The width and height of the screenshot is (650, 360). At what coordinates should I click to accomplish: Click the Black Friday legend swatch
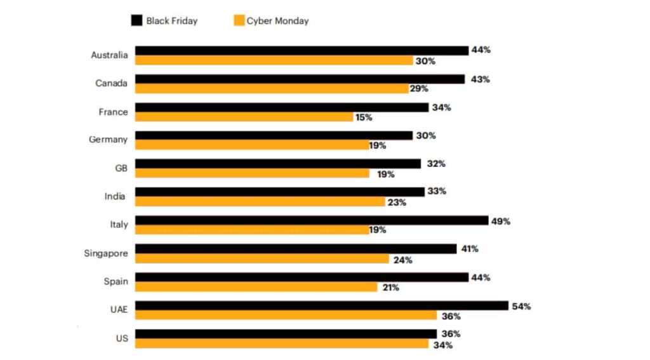pyautogui.click(x=136, y=21)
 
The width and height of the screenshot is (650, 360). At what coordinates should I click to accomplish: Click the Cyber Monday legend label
pyautogui.click(x=277, y=21)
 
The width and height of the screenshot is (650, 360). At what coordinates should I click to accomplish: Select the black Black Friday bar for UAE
pyautogui.click(x=322, y=306)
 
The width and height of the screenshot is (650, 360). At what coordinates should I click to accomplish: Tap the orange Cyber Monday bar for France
pyautogui.click(x=244, y=117)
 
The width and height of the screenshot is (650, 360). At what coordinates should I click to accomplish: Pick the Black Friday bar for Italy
pyautogui.click(x=311, y=220)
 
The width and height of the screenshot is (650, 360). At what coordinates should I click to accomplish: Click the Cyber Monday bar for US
pyautogui.click(x=282, y=343)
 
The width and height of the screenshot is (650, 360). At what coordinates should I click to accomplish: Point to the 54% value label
pyautogui.click(x=521, y=306)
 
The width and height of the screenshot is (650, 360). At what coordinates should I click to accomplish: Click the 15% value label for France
pyautogui.click(x=364, y=117)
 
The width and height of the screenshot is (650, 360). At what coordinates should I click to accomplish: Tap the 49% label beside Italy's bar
pyautogui.click(x=500, y=221)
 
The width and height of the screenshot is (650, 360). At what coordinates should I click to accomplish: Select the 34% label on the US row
pyautogui.click(x=442, y=345)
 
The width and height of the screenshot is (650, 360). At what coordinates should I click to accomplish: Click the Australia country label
pyautogui.click(x=109, y=55)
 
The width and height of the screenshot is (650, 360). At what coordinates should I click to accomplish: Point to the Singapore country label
pyautogui.click(x=106, y=253)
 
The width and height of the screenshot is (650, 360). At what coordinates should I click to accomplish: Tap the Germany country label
pyautogui.click(x=108, y=140)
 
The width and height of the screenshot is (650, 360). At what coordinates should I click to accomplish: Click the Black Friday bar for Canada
pyautogui.click(x=300, y=79)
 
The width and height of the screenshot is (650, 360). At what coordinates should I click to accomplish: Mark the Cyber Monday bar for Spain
pyautogui.click(x=256, y=287)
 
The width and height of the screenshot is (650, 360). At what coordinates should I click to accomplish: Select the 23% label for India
pyautogui.click(x=396, y=203)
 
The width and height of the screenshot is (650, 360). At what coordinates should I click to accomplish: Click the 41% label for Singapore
pyautogui.click(x=469, y=249)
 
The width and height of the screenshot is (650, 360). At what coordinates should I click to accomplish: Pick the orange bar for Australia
pyautogui.click(x=274, y=60)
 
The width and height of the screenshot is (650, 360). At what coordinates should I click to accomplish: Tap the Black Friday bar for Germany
pyautogui.click(x=274, y=135)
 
